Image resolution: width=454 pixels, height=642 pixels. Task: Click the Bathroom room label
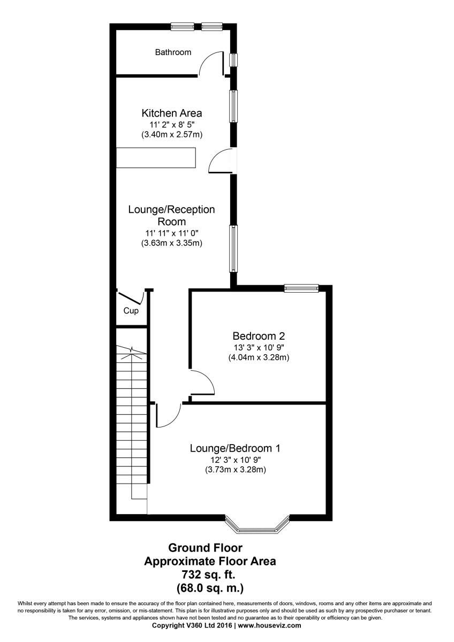(173, 52)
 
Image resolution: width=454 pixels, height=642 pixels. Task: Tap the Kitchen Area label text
(171, 113)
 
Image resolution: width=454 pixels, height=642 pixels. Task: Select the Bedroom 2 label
(259, 336)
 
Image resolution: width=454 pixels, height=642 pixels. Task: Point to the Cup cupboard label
(131, 311)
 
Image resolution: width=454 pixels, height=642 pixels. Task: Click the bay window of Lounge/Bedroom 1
(257, 526)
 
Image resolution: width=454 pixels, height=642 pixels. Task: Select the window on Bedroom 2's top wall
(301, 288)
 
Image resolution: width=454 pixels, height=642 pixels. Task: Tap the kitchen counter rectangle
(156, 158)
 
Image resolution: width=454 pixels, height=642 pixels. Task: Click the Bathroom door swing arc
(211, 63)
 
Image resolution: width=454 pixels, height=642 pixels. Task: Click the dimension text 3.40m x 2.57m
(171, 134)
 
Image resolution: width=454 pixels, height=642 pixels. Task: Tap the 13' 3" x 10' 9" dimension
(259, 347)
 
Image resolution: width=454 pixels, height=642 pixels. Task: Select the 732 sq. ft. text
(210, 575)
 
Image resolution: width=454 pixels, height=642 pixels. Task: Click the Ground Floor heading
(206, 548)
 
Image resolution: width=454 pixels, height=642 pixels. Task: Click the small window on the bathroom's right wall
(233, 59)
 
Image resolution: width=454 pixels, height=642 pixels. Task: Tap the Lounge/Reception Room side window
(233, 248)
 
